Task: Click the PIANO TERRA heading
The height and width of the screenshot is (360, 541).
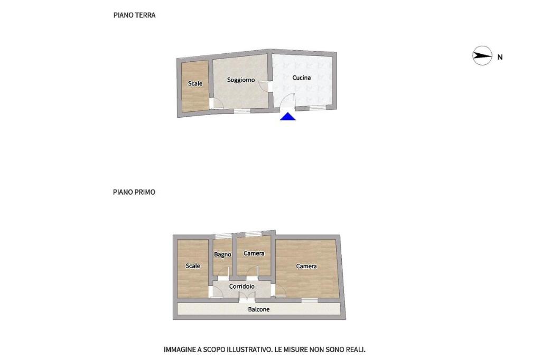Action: [134, 15]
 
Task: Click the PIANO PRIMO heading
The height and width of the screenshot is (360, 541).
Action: [134, 192]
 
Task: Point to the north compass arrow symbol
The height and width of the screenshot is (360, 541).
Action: [482, 55]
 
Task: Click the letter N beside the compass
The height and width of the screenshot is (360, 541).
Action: [500, 57]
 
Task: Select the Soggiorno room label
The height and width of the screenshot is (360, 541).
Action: [241, 80]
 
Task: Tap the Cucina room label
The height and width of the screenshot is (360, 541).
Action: [302, 78]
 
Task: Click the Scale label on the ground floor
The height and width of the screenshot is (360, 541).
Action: [195, 83]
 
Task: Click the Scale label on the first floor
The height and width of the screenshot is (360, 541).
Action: [193, 266]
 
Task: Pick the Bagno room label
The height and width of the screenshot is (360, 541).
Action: [222, 255]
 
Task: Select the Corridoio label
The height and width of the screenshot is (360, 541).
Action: [242, 287]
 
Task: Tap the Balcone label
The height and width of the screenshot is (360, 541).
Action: [259, 310]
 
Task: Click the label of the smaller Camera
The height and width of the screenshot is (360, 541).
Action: [254, 253]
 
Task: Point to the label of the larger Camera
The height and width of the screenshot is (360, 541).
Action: [306, 266]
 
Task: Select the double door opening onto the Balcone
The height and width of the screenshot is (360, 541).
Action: [247, 297]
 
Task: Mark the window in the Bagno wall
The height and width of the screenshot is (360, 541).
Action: [223, 236]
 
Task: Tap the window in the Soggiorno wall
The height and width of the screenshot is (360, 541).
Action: [242, 111]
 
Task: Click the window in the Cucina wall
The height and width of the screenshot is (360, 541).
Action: [318, 108]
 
